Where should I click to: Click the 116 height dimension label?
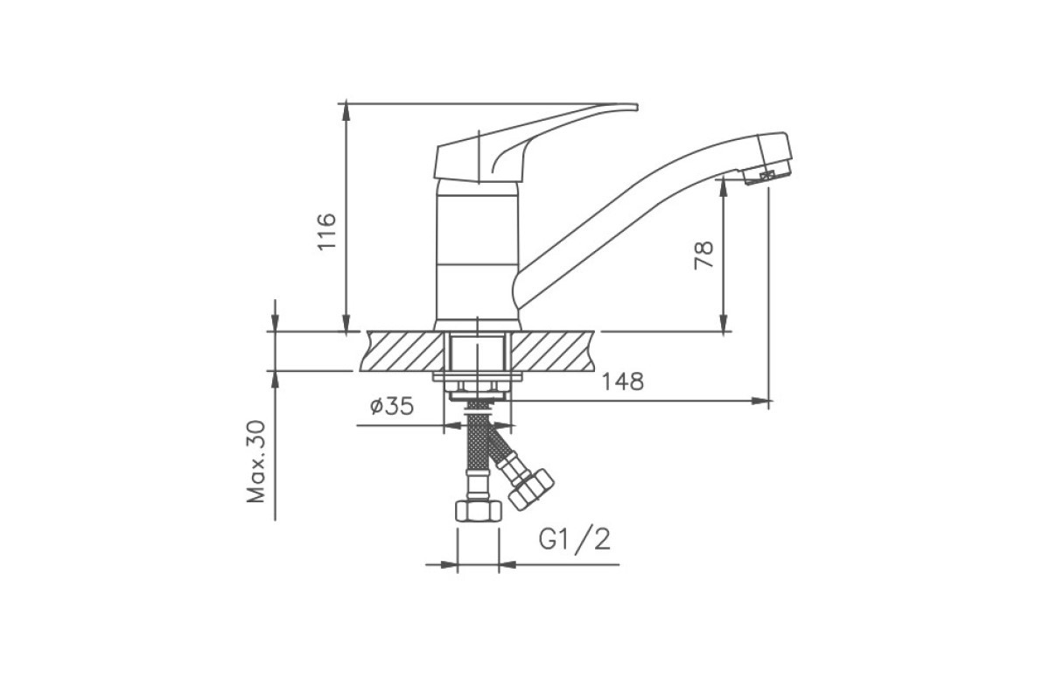(x=326, y=232)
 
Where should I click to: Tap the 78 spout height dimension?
(x=703, y=255)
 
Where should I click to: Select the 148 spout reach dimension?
(x=622, y=381)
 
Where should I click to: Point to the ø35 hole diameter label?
(x=392, y=405)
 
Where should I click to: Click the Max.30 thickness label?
(x=256, y=462)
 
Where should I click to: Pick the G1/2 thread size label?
(x=575, y=540)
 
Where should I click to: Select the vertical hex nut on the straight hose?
(x=478, y=511)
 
